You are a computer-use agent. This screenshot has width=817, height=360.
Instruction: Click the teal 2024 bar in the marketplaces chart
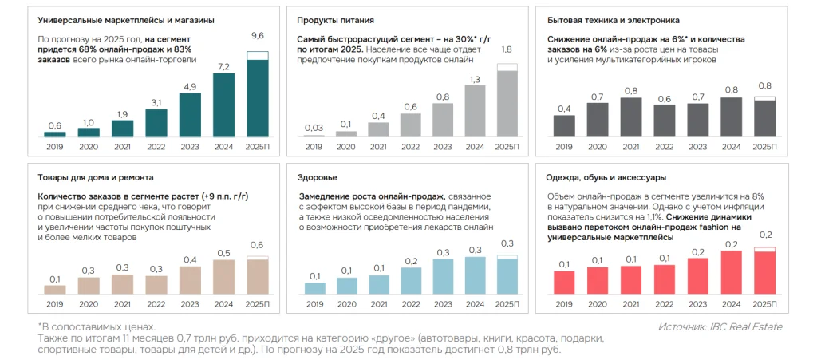224,105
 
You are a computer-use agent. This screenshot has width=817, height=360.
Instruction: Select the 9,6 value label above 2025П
258,36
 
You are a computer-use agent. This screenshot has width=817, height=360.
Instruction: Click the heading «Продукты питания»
330,20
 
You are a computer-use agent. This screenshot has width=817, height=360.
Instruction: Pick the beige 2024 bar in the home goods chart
223,277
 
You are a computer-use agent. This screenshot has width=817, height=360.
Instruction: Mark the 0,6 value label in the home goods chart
257,245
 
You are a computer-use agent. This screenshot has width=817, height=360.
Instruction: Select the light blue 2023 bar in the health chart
442,277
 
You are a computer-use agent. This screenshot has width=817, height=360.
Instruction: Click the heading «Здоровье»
317,176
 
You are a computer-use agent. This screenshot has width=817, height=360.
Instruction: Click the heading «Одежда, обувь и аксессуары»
618,176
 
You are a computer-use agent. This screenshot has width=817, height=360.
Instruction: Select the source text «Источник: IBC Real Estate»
720,326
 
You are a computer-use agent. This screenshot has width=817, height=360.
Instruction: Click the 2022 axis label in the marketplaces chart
156,147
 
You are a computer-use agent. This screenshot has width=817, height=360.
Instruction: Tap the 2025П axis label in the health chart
507,303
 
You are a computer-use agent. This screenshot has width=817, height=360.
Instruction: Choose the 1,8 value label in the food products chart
506,50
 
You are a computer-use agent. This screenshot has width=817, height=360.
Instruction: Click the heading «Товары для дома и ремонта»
95,176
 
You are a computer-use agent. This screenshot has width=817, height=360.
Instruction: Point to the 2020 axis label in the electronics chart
598,147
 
